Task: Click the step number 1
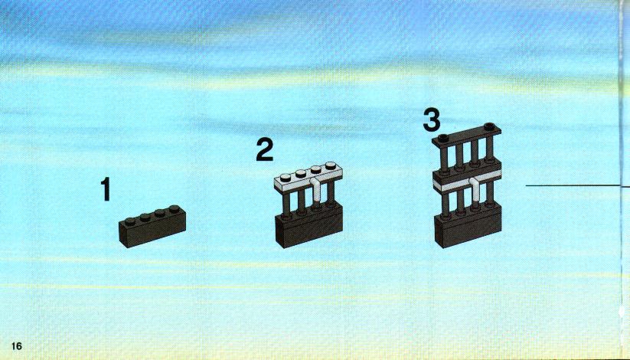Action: (x=106, y=188)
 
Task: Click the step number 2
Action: (x=265, y=149)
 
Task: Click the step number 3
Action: (x=432, y=119)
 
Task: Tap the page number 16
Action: (x=17, y=346)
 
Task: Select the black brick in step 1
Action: (x=152, y=227)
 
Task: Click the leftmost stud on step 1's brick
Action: (x=129, y=221)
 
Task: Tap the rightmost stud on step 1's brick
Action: (x=175, y=209)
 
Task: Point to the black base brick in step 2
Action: (x=309, y=227)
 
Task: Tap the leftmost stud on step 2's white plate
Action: (x=285, y=178)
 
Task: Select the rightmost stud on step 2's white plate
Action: (x=330, y=165)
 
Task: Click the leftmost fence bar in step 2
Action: (x=286, y=203)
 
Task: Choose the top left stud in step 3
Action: (x=442, y=138)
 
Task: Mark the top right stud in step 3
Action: (x=489, y=126)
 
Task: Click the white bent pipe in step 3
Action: (x=475, y=188)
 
